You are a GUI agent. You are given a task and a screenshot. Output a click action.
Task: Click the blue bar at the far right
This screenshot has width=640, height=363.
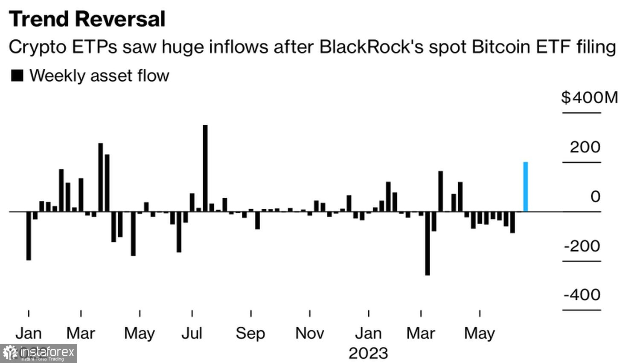[x=525, y=187]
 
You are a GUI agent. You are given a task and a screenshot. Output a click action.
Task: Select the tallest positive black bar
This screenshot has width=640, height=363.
[x=205, y=168]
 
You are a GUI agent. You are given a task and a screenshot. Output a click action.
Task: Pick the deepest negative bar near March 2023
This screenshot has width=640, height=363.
[x=428, y=243]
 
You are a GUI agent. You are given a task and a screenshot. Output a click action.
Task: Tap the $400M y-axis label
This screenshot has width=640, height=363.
[x=589, y=97]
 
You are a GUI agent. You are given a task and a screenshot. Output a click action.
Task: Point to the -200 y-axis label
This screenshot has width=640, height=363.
[x=582, y=246]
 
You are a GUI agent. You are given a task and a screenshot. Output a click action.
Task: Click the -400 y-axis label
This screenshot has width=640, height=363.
[x=582, y=295]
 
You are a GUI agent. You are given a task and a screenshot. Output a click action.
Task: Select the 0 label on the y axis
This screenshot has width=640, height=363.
[x=595, y=196]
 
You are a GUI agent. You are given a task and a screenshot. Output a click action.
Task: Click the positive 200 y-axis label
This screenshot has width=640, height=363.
[x=585, y=147]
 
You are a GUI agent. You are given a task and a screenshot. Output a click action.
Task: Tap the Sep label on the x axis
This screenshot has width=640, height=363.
[x=250, y=333]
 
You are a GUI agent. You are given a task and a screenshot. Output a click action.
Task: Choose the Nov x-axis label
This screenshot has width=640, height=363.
[x=310, y=333]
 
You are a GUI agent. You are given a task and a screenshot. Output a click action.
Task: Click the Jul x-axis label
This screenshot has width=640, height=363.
[x=192, y=333]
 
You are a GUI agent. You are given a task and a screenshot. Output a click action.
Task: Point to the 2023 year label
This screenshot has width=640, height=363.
[x=368, y=354]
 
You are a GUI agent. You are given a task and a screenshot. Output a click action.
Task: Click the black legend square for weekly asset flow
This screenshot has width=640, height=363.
[x=17, y=76]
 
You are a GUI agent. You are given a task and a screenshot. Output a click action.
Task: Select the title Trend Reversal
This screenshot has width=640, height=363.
[x=87, y=19]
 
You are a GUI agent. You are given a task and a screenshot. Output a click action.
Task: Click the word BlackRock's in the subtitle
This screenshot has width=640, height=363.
[x=371, y=47]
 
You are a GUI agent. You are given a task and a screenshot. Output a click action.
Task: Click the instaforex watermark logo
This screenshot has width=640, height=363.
[x=38, y=353]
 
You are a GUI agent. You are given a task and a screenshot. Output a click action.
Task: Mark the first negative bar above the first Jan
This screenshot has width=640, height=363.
[x=29, y=236]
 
